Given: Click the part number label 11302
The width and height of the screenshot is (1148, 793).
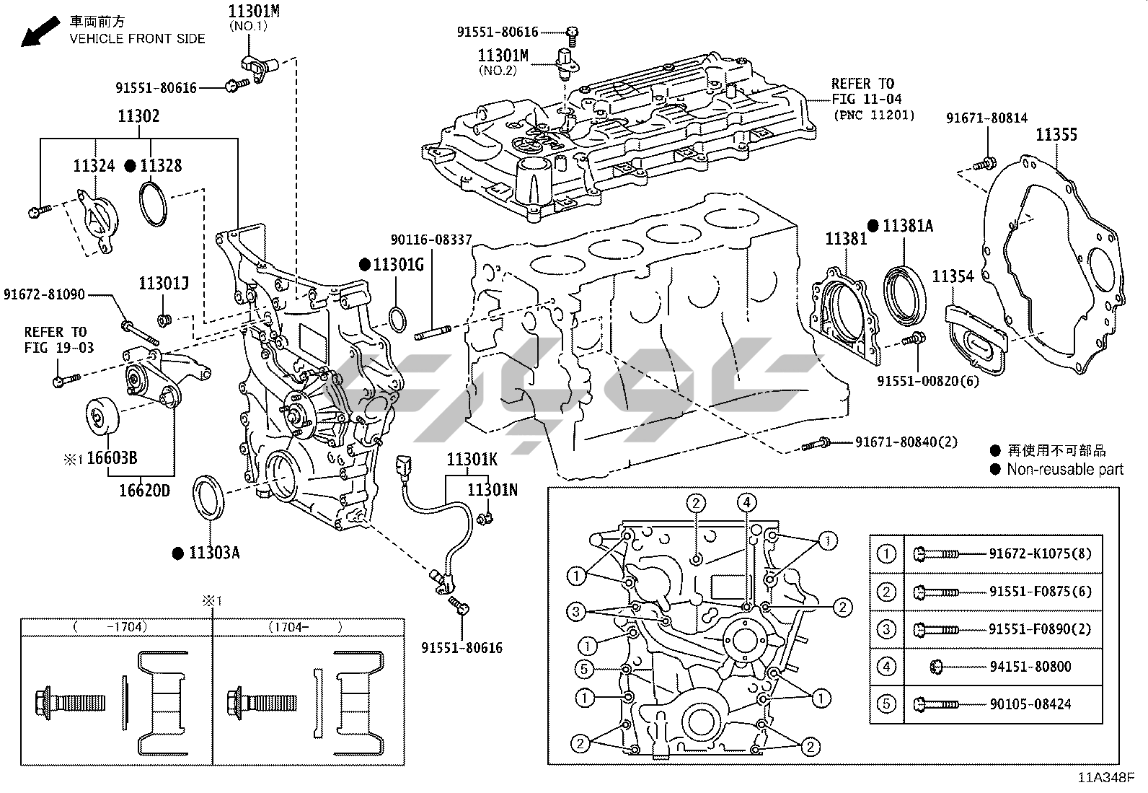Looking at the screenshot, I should (139, 116).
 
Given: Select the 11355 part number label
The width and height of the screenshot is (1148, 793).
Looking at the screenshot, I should (1056, 135).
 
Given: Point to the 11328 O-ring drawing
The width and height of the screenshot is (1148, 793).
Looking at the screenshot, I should (153, 204).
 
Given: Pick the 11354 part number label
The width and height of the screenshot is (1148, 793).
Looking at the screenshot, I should (953, 276).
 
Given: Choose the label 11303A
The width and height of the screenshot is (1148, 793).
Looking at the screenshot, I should (214, 553).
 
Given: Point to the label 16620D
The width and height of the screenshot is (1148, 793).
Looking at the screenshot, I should (144, 491).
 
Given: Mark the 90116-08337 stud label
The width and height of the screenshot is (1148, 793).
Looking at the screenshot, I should (432, 240).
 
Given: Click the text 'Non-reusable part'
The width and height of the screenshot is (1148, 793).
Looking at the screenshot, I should (1065, 470).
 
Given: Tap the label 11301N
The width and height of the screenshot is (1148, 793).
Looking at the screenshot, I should (493, 490).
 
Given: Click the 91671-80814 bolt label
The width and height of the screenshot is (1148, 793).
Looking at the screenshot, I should (986, 118).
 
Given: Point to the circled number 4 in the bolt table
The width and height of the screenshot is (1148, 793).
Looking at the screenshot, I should (886, 667).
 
